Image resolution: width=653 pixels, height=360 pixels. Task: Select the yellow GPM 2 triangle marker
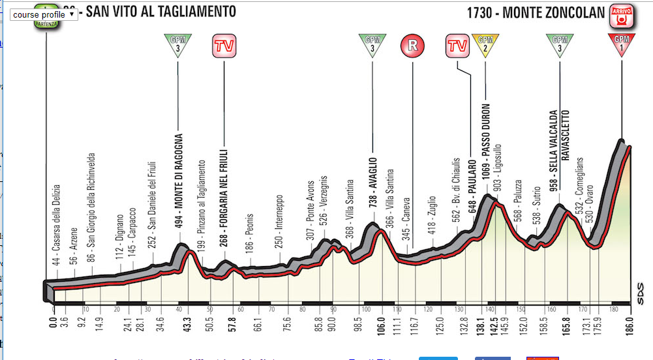[485, 46]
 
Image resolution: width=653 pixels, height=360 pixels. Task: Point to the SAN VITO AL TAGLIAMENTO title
[153, 12]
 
